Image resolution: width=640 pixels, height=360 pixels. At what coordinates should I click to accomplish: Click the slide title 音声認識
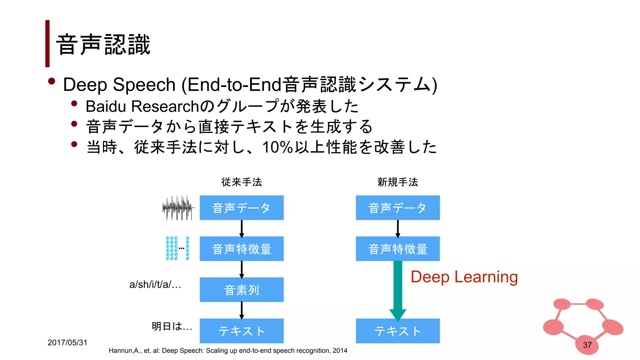[103, 45]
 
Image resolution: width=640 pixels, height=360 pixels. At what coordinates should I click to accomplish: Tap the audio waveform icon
[177, 208]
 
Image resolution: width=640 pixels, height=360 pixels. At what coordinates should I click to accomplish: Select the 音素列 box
[242, 290]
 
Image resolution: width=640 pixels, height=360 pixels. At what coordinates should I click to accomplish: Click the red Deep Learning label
[464, 277]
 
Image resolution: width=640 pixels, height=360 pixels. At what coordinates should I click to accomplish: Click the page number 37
[587, 345]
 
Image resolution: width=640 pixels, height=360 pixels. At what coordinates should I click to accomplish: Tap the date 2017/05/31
[67, 342]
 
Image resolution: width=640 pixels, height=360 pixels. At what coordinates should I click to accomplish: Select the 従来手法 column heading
[242, 182]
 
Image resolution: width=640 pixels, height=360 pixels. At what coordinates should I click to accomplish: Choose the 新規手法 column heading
[397, 182]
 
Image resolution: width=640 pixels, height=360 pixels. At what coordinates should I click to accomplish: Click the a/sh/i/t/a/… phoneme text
[155, 284]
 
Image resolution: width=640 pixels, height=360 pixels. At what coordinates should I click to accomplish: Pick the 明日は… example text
[172, 326]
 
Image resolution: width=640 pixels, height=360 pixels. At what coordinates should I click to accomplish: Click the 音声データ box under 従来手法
[242, 208]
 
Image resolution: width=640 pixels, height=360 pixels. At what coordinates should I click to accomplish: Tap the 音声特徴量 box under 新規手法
[397, 249]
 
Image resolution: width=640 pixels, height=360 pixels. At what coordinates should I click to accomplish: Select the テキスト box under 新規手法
[397, 331]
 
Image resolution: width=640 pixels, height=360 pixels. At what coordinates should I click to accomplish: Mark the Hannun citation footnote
[228, 351]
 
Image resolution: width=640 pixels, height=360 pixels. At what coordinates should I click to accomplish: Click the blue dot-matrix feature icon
[177, 248]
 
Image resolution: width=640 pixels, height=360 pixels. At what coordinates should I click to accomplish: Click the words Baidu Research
[142, 106]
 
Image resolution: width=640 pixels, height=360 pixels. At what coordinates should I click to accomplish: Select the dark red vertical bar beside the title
[47, 43]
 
